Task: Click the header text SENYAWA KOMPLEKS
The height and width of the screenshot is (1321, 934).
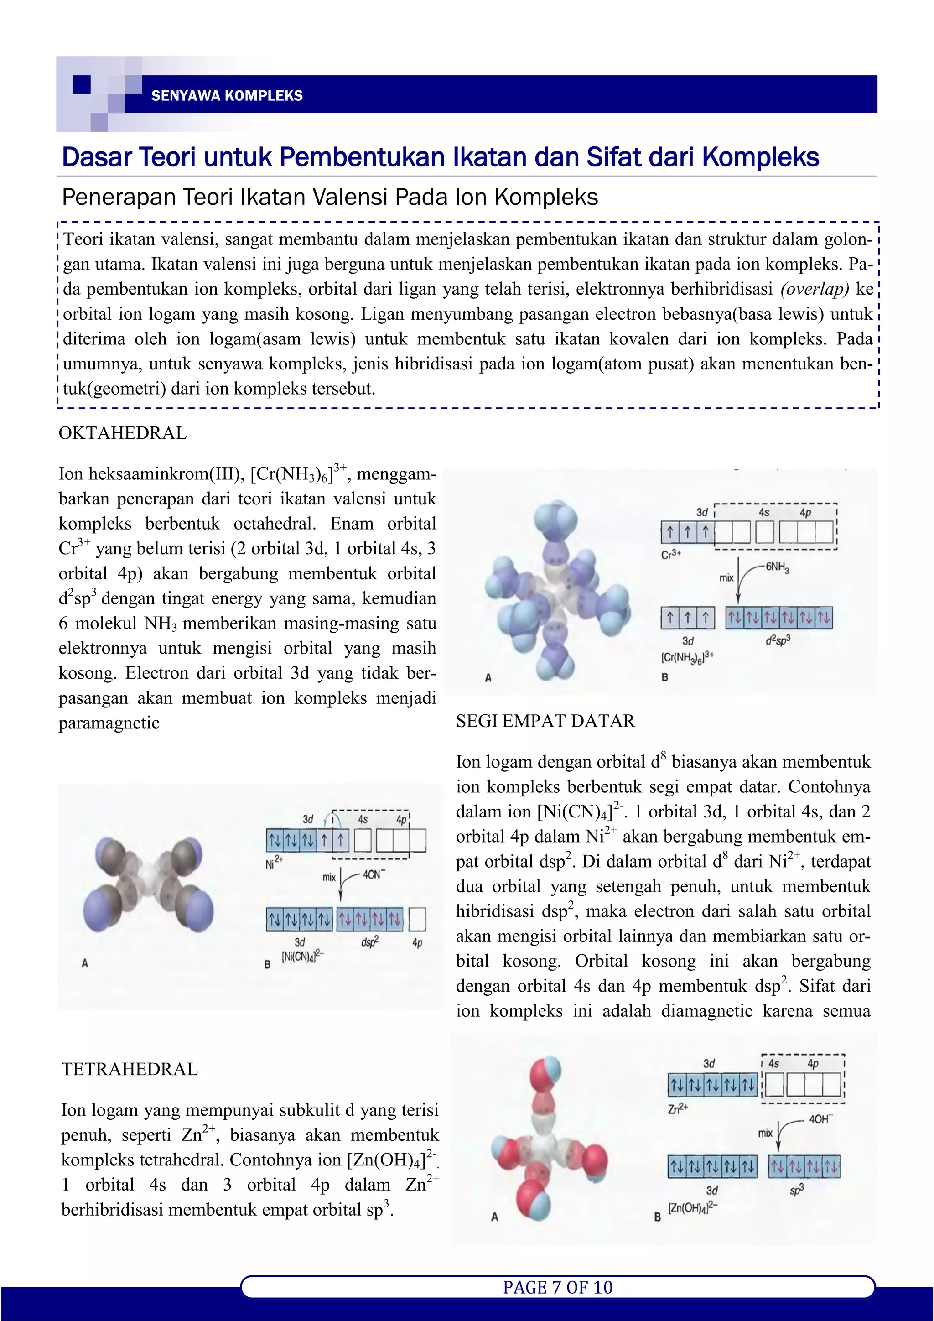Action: pyautogui.click(x=227, y=95)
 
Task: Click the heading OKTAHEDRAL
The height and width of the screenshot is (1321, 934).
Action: pyautogui.click(x=123, y=433)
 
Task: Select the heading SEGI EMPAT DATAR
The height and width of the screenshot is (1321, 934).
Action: pyautogui.click(x=545, y=721)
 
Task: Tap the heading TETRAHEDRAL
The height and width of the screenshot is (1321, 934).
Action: pyautogui.click(x=130, y=1069)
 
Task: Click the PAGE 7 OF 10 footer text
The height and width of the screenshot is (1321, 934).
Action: pyautogui.click(x=558, y=1287)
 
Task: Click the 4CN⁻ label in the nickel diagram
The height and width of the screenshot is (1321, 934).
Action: pyautogui.click(x=374, y=875)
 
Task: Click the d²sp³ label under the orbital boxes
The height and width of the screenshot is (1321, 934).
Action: pyautogui.click(x=778, y=639)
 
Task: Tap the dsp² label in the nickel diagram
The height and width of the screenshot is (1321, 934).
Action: pyautogui.click(x=369, y=942)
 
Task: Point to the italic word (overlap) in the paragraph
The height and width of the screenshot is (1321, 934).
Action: pyautogui.click(x=815, y=289)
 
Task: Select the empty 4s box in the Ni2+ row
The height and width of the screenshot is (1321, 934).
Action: pyautogui.click(x=362, y=841)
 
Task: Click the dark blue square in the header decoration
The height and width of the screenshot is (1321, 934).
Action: pyautogui.click(x=82, y=84)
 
